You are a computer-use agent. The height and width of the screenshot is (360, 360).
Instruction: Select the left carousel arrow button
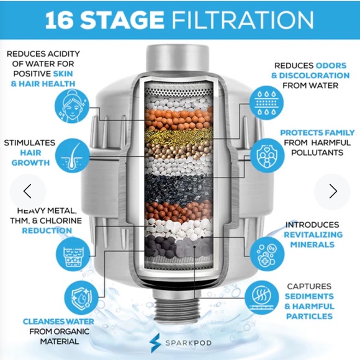tap(27, 191)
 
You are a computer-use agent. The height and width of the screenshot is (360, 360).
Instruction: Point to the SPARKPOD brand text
tap(187, 341)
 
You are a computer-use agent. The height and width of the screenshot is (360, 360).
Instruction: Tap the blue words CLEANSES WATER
tap(58, 322)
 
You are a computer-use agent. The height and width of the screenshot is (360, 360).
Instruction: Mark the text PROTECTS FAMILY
tap(317, 133)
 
